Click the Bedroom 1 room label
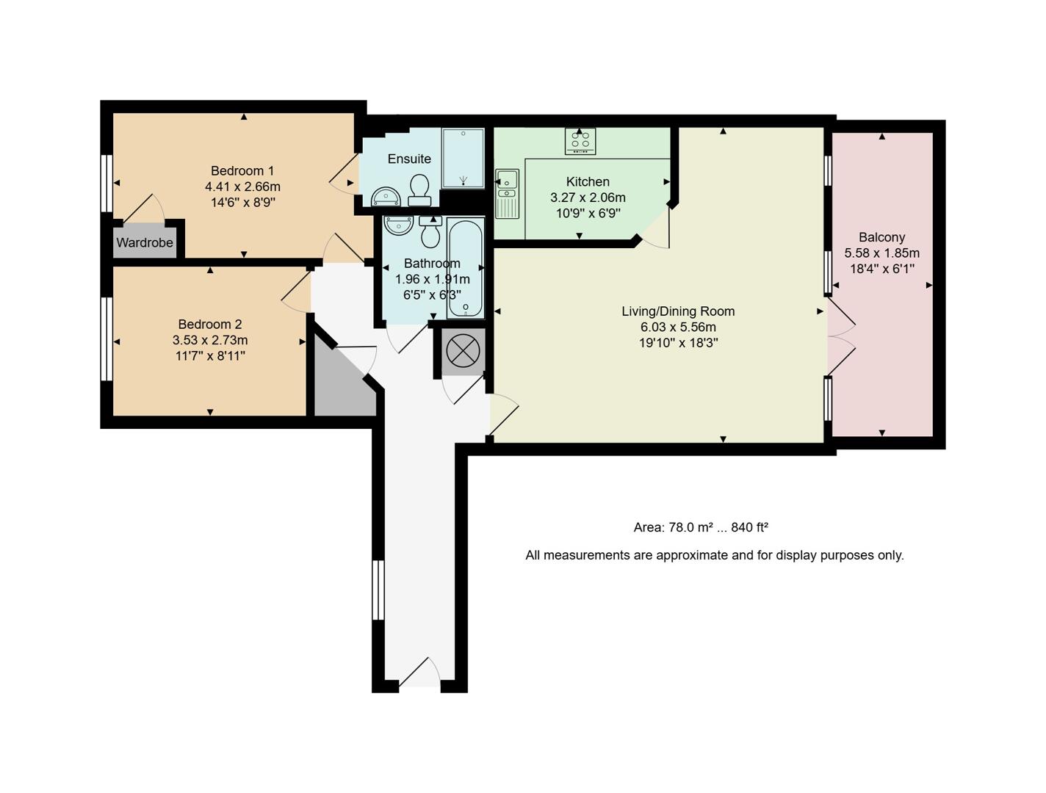[242, 171]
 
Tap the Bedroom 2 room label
[210, 325]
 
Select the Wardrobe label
[145, 243]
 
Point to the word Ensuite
[409, 159]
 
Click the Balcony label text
[881, 237]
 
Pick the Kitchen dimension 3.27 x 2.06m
[588, 198]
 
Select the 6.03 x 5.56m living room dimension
[677, 327]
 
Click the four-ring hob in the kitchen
[580, 141]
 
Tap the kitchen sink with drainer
[507, 193]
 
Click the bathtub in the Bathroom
[466, 268]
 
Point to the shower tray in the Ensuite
[463, 158]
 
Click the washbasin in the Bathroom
[398, 225]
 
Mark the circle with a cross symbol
[463, 351]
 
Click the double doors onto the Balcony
[842, 336]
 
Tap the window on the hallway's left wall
[378, 590]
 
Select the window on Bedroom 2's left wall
[107, 338]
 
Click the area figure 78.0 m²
[674, 527]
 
